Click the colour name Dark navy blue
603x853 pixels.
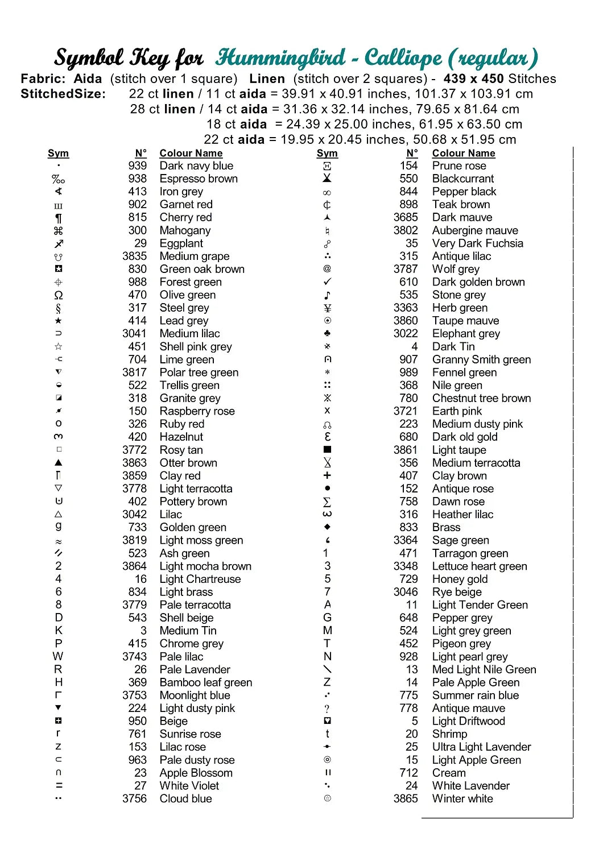[196, 166]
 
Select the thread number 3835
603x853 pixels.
[134, 256]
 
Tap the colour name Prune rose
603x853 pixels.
[459, 166]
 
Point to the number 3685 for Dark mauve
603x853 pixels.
[405, 218]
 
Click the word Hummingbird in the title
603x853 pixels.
[280, 58]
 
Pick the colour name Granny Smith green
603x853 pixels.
[481, 360]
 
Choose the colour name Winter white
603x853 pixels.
[462, 799]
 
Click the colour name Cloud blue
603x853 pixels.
[185, 799]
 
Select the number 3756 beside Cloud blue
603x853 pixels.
[134, 799]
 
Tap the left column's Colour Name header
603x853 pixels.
[191, 154]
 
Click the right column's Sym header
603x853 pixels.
[327, 154]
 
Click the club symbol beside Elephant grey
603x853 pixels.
[327, 334]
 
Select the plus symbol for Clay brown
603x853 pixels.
[327, 475]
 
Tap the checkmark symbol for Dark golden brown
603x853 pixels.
[327, 282]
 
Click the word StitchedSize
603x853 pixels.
[63, 94]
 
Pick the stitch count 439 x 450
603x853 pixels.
[473, 79]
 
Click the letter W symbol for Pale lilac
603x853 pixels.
[58, 657]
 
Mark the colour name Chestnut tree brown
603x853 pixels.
[481, 399]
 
